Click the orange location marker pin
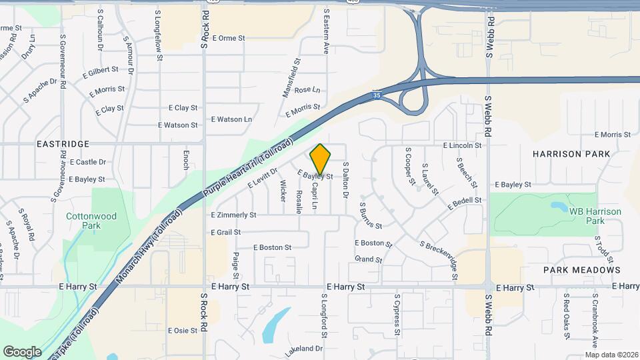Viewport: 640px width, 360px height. pyautogui.click(x=321, y=159)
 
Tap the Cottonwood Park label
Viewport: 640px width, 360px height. pyautogui.click(x=91, y=221)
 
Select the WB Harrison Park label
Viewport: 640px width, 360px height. pyautogui.click(x=595, y=216)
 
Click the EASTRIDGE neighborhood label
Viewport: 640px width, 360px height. pyautogui.click(x=63, y=144)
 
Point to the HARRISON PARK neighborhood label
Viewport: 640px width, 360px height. pyautogui.click(x=571, y=154)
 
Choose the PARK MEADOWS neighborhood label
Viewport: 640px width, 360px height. pyautogui.click(x=582, y=270)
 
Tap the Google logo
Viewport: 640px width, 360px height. pyautogui.click(x=22, y=351)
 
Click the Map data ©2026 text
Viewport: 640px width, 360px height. pyautogui.click(x=611, y=355)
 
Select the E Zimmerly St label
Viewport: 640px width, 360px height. pyautogui.click(x=233, y=215)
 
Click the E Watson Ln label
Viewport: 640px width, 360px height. pyautogui.click(x=231, y=119)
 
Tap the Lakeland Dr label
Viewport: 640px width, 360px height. pyautogui.click(x=303, y=349)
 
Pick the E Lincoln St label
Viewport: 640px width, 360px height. pyautogui.click(x=462, y=145)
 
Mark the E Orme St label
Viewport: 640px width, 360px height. pyautogui.click(x=228, y=38)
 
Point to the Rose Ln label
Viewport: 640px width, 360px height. pyautogui.click(x=307, y=90)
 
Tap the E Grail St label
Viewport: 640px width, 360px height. pyautogui.click(x=225, y=233)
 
